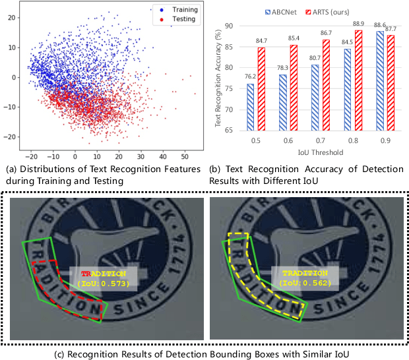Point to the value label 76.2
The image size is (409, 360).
251,78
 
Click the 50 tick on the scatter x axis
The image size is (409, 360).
184,158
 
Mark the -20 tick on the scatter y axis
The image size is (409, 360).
11,136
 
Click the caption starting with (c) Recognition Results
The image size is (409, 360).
204,352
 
